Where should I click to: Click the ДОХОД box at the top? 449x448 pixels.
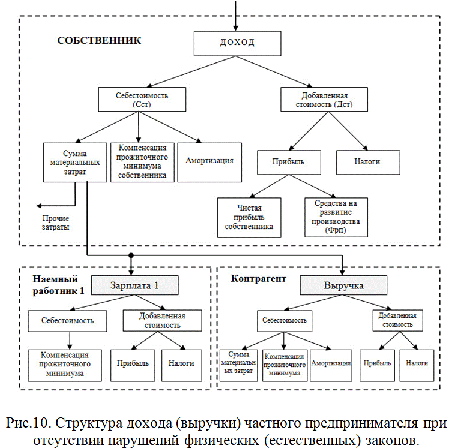coord(237,44)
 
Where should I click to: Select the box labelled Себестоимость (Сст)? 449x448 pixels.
coord(142,100)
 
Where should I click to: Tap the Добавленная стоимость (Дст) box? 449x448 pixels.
coord(324,100)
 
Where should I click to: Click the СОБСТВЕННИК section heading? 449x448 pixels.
coord(99,40)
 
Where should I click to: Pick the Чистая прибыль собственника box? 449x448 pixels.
coord(249,218)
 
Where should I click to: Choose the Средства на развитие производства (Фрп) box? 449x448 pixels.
coord(336,217)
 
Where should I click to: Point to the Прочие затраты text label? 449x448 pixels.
coord(56,223)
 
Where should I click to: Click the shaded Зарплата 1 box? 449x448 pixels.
coord(135,285)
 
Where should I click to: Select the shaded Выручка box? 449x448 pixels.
coord(343,285)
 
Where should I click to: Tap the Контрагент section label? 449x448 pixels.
coord(258,279)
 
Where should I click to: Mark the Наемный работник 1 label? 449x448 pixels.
coord(58,285)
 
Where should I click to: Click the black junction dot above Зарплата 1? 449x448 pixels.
coord(131,255)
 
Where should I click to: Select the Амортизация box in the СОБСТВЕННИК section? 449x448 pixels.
coord(209,162)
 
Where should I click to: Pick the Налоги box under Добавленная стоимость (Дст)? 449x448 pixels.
coord(368,162)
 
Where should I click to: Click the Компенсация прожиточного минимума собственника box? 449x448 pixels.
coord(142,162)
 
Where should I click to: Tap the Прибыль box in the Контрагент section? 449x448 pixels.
coord(377,366)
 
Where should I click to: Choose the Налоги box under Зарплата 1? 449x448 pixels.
coord(181,366)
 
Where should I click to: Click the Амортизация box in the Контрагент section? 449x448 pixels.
coord(331,366)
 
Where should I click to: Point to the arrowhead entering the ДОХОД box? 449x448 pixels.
coord(235,28)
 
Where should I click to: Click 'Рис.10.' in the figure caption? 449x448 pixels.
coord(28,423)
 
